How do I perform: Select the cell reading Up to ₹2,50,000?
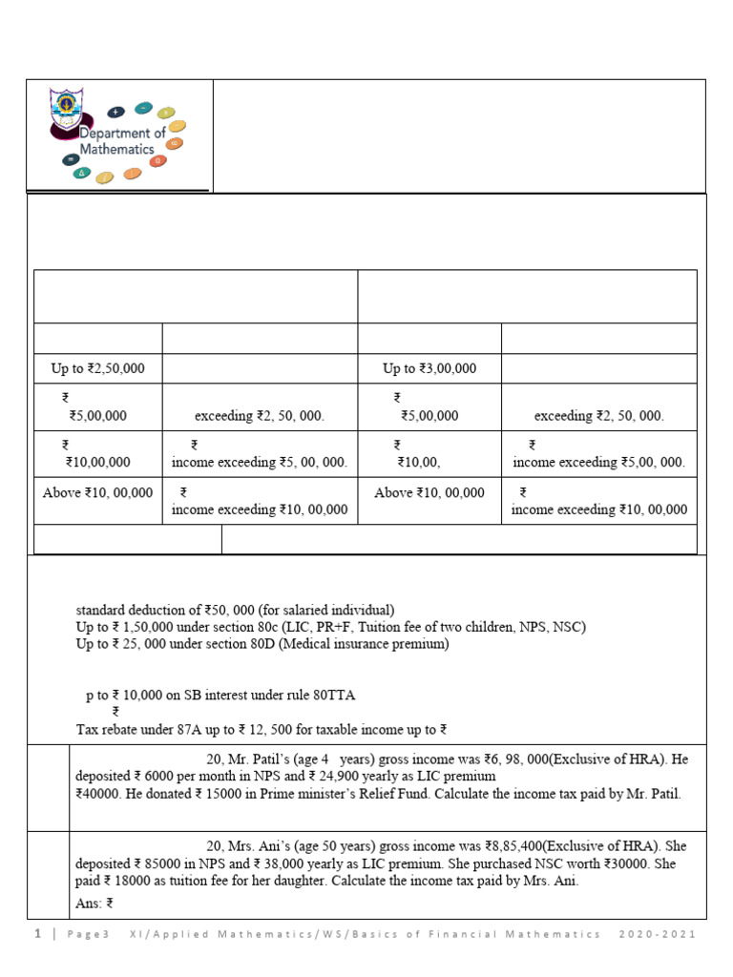pos(97,368)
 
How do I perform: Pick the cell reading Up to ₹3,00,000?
pos(429,368)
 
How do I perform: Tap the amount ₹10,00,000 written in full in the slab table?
pos(98,462)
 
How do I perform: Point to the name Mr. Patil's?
pos(276,759)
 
